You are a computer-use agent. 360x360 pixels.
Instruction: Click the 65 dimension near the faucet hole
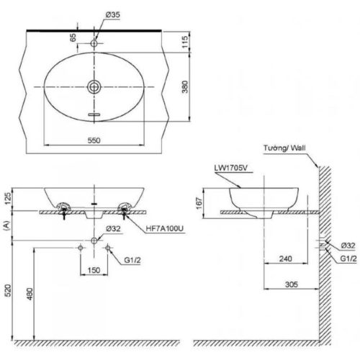click(73, 37)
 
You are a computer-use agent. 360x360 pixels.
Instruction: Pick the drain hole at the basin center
click(94, 87)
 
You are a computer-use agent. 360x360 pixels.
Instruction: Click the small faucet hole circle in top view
click(94, 44)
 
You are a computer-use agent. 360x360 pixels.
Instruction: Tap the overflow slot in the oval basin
click(94, 114)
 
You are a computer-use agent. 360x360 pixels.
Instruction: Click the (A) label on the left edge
click(6, 225)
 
